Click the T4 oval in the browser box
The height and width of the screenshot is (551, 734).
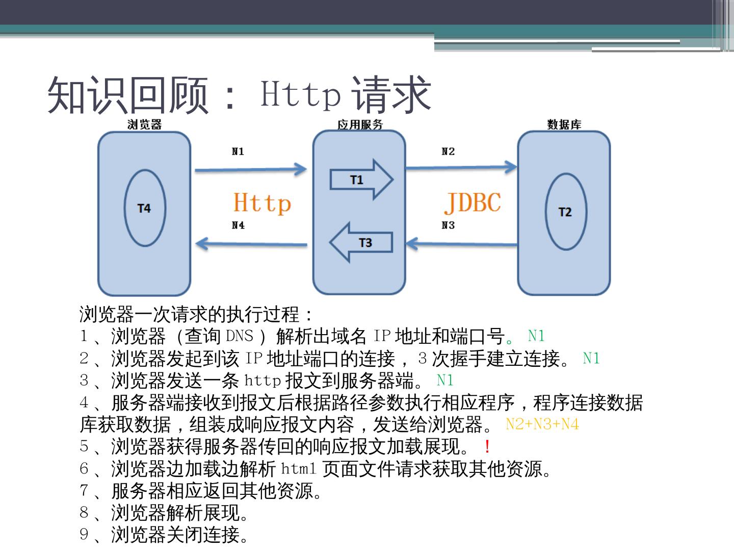click(x=145, y=208)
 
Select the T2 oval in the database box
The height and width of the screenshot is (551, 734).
click(x=565, y=212)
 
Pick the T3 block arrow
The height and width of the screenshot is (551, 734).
click(x=361, y=242)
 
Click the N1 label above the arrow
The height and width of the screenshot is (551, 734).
click(x=238, y=152)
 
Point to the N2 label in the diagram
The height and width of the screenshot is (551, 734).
click(x=448, y=152)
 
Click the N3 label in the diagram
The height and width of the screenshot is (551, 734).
click(x=448, y=225)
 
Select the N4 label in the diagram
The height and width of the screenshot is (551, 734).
click(x=238, y=225)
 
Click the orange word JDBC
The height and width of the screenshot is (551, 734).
click(x=473, y=203)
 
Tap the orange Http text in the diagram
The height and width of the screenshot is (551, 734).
click(x=262, y=203)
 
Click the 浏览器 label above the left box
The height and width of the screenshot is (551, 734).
click(x=144, y=124)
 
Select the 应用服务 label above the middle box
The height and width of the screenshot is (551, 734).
click(x=360, y=124)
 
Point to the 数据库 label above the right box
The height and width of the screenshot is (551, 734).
click(x=564, y=124)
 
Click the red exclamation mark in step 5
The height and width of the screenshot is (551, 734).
click(x=487, y=447)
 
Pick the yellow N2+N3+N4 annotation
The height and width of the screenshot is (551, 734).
click(x=542, y=424)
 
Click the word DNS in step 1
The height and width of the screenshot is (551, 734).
click(x=240, y=336)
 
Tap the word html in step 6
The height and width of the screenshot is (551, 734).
click(x=299, y=468)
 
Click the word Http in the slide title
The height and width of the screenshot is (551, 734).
click(x=300, y=93)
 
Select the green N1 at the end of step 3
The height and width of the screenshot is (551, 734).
click(x=445, y=380)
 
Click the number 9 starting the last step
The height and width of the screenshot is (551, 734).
click(x=84, y=534)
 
